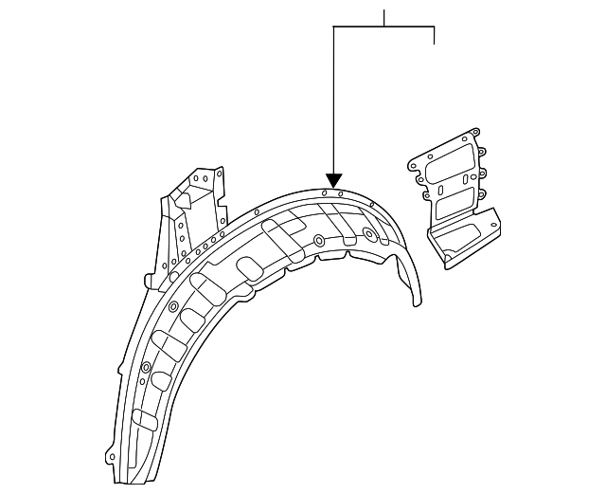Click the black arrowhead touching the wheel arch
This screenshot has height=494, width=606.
click(x=333, y=179)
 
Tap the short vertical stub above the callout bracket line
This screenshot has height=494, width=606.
click(x=384, y=17)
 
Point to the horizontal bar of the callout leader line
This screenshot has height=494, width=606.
click(x=383, y=27)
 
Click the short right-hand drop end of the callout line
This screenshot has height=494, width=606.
click(x=434, y=35)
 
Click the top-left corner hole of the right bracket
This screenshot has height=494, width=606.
click(x=414, y=163)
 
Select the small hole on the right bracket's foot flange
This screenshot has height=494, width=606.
click(x=490, y=220)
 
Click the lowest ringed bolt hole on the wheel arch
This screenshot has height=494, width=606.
click(x=146, y=367)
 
